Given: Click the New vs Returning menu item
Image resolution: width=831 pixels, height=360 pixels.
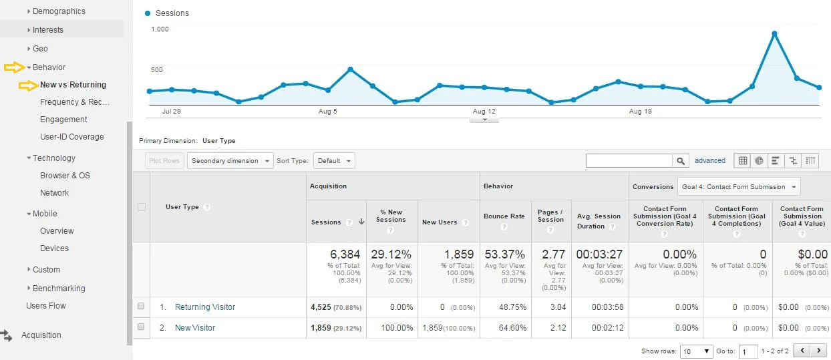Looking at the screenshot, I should point(73,85).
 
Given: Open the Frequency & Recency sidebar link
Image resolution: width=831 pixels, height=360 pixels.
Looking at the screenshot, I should point(74,102).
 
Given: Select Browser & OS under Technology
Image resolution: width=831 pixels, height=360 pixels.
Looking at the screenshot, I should point(65,176).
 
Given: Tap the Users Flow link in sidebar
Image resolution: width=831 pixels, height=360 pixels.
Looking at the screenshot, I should point(46,306).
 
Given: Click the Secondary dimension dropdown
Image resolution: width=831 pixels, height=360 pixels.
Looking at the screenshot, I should point(230,161).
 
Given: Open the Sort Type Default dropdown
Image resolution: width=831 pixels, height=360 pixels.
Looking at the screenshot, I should point(334,161).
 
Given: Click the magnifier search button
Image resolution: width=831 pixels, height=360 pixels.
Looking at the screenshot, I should point(681,161).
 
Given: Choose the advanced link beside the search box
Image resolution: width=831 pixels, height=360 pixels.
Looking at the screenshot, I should point(709,161).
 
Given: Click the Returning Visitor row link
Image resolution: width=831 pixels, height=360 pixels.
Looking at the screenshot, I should point(205,307).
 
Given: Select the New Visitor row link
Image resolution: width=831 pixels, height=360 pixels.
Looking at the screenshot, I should point(195,328).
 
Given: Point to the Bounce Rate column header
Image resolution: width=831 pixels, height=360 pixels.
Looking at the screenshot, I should point(504,216).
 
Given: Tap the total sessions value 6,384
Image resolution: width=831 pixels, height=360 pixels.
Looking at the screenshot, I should point(345,254).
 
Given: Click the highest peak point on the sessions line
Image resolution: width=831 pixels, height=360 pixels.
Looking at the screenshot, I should point(774,33).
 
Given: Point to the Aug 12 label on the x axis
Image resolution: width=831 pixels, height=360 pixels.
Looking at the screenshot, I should point(484,112).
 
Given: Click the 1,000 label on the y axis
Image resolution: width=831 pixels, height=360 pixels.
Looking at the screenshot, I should point(160,29).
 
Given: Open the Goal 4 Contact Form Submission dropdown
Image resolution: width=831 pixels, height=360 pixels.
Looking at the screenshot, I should point(739,187).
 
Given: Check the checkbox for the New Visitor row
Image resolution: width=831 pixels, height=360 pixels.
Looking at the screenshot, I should point(141,327).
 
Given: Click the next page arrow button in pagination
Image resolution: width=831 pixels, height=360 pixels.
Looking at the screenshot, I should point(819,351).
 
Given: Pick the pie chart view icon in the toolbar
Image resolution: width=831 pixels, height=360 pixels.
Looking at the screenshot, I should point(760,161).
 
